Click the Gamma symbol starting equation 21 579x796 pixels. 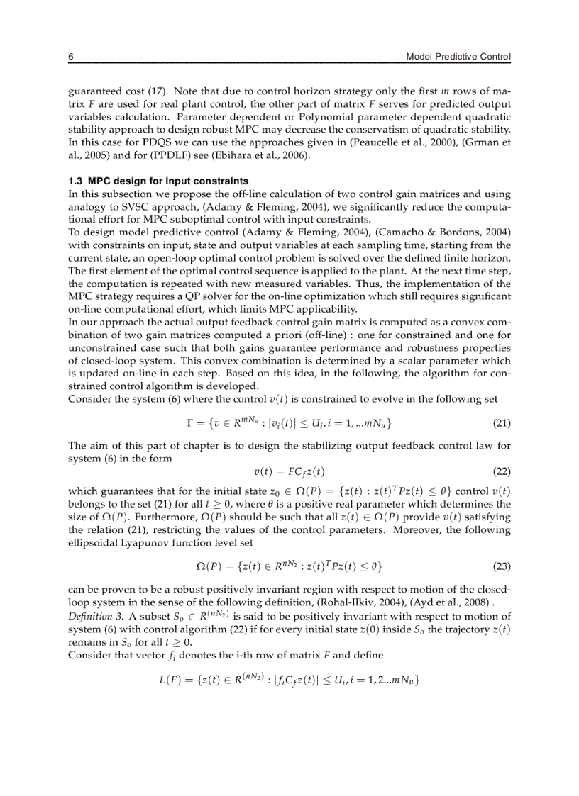pos(188,423)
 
